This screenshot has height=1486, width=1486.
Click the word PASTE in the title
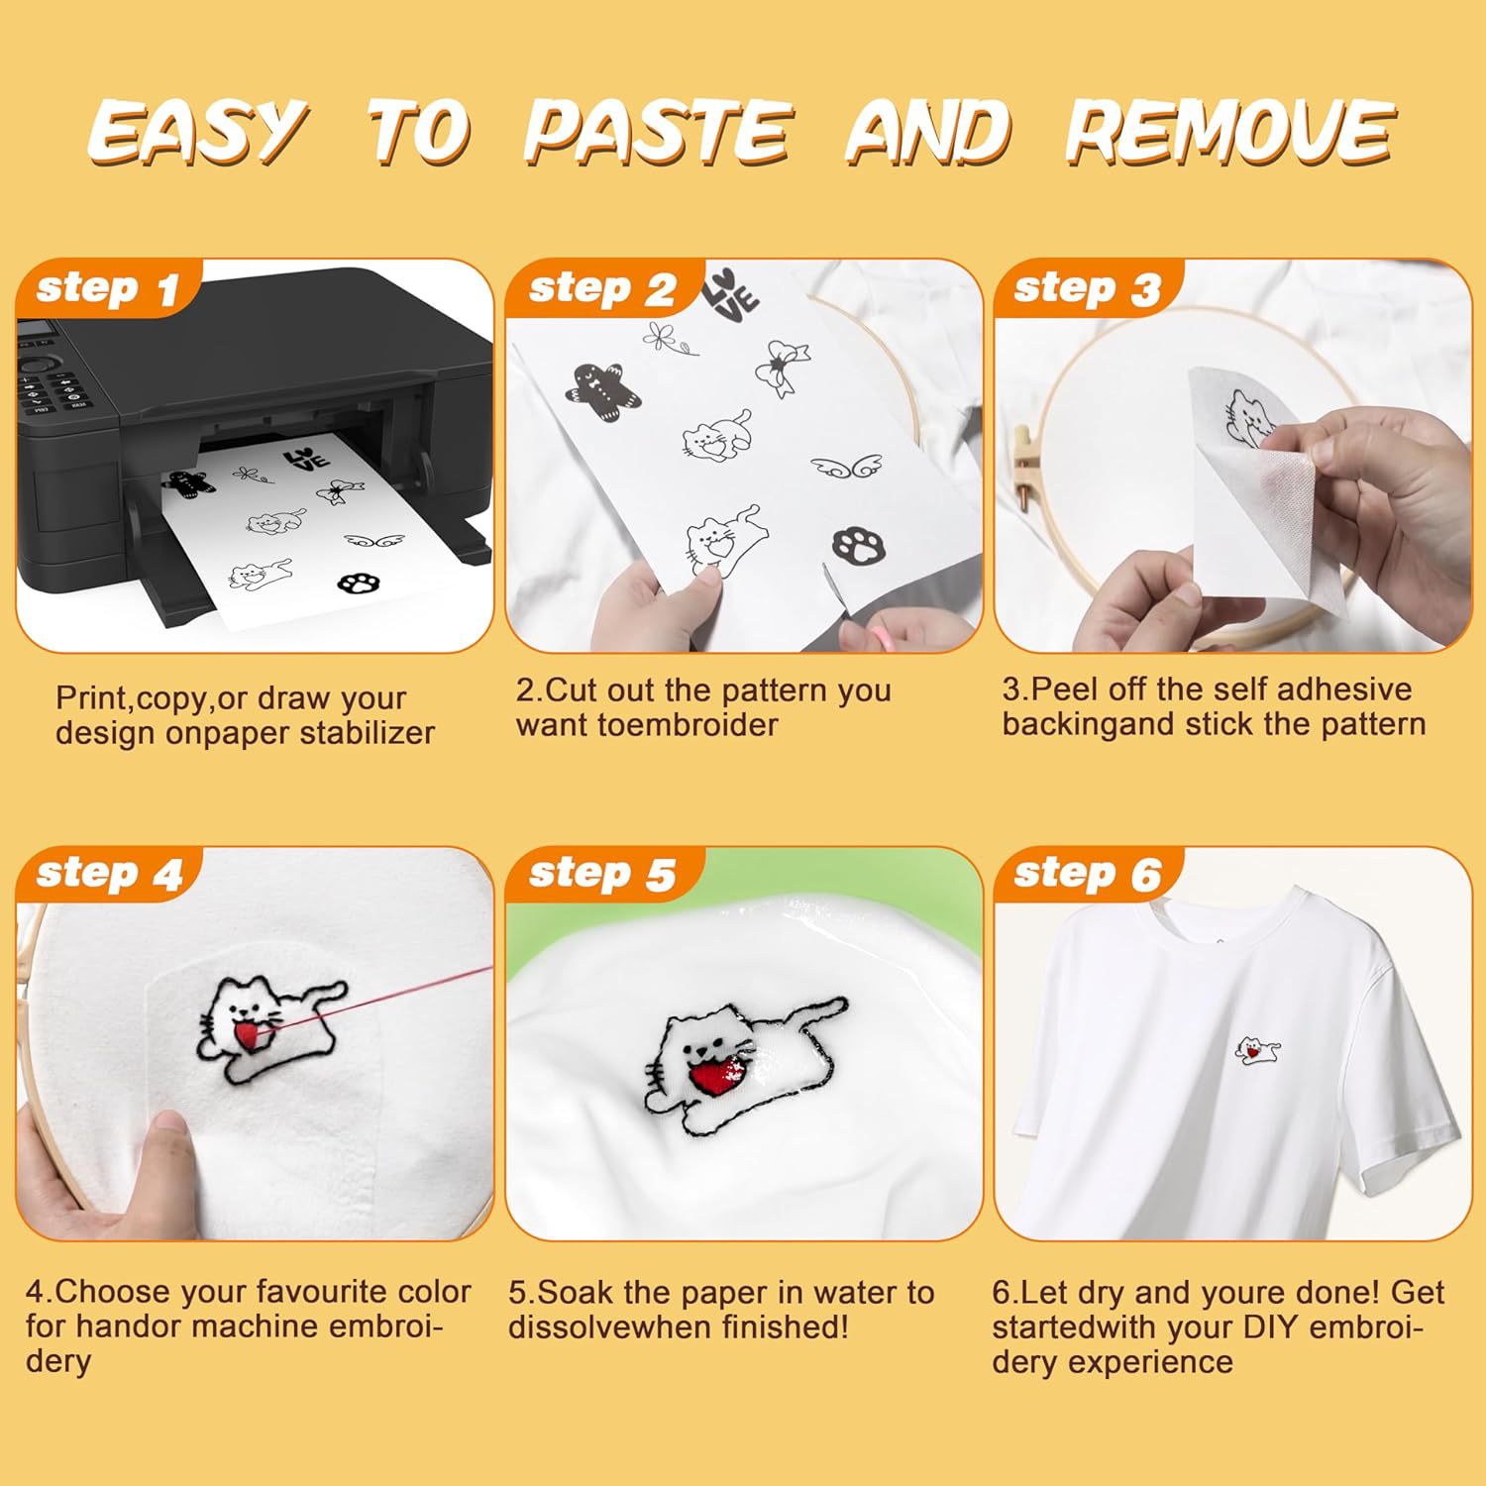657,132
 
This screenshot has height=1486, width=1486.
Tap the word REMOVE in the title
1229,132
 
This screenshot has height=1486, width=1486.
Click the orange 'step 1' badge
107,289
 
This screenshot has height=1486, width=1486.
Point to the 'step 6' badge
1087,875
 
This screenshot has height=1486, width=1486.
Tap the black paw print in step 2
859,544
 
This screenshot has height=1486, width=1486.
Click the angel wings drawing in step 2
846,465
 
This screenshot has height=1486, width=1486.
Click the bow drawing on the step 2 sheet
783,368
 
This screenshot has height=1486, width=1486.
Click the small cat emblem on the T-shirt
1257,1049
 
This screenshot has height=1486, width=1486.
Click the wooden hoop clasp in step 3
1022,456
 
